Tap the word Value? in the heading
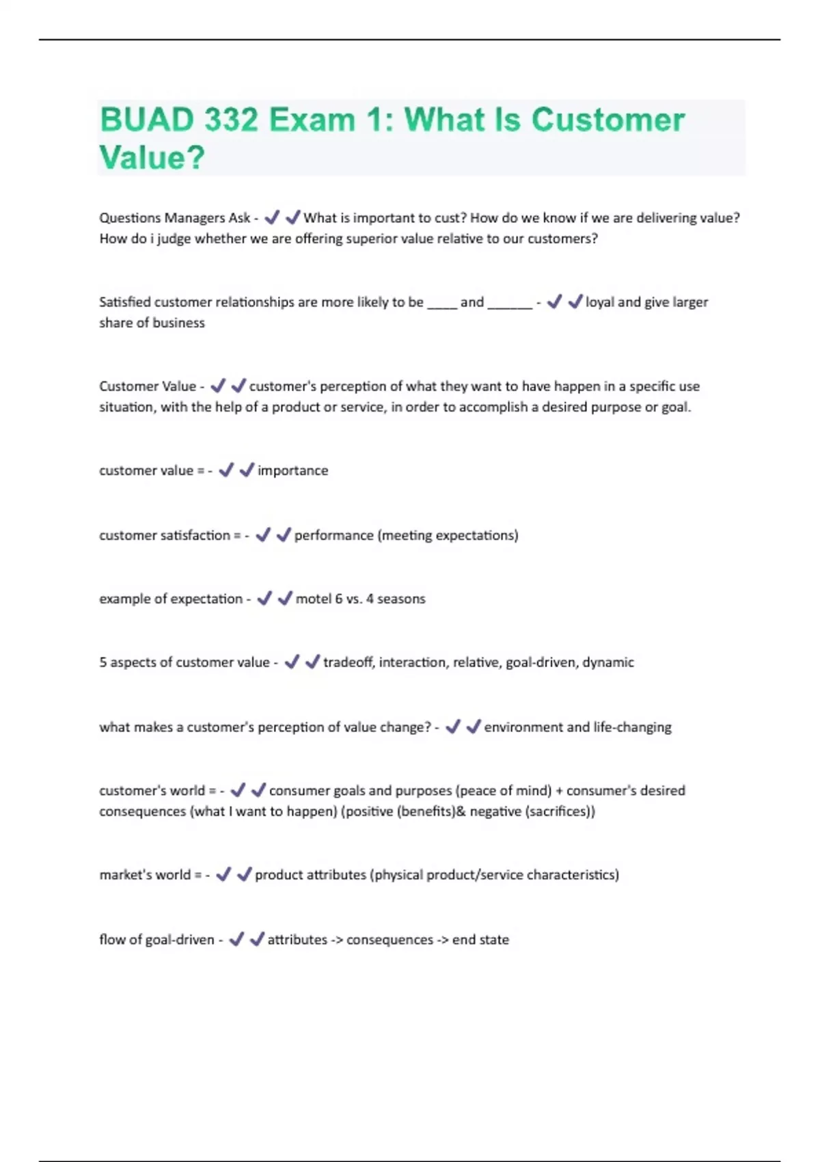(x=152, y=158)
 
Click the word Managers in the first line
(x=195, y=218)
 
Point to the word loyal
(x=600, y=302)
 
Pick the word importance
(x=292, y=470)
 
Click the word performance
(x=333, y=535)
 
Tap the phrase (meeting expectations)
(x=448, y=535)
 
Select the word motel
(x=313, y=599)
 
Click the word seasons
(x=401, y=599)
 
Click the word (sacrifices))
(x=560, y=811)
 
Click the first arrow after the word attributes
(x=337, y=940)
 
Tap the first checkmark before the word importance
(x=226, y=470)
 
